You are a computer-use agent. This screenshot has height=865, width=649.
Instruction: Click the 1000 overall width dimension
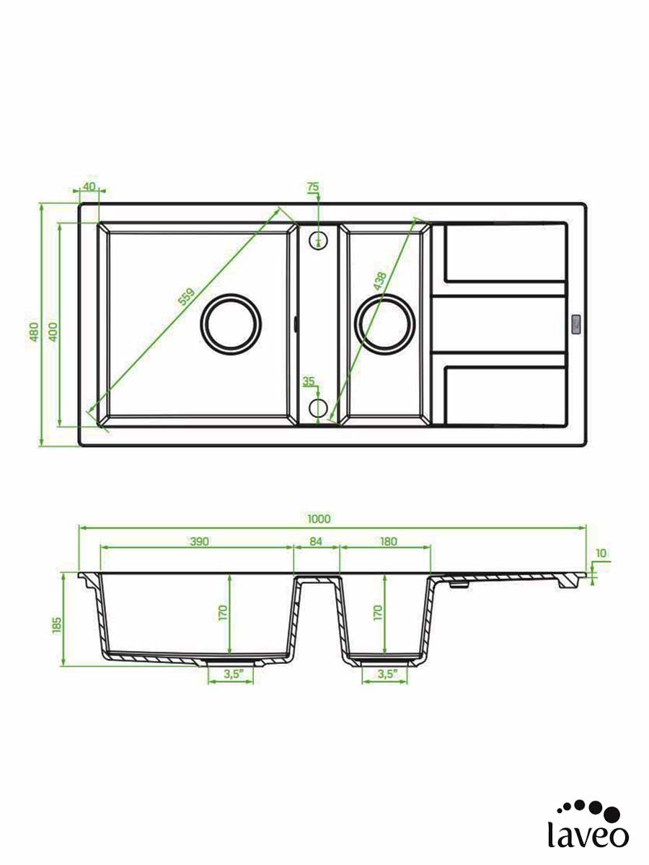point(319,519)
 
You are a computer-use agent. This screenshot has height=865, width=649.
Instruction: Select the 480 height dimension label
point(35,332)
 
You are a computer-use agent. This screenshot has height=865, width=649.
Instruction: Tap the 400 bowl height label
point(53,332)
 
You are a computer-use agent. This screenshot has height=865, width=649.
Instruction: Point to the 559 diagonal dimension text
point(186,297)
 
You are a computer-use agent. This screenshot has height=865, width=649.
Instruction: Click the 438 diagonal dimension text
point(380,281)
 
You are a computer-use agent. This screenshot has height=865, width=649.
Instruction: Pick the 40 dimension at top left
point(89,186)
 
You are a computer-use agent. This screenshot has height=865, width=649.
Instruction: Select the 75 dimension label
point(313,187)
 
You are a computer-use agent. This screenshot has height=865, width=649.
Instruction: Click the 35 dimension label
point(309,381)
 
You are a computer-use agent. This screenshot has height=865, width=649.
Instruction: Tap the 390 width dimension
point(200,541)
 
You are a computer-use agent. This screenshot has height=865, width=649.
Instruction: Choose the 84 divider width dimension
point(316,541)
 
